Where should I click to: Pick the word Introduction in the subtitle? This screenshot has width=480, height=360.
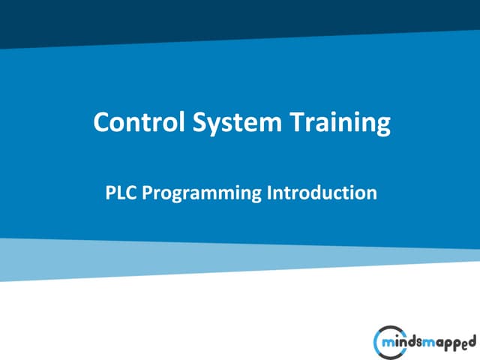tap(322, 193)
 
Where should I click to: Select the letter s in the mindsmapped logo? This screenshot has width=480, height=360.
tap(418, 342)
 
